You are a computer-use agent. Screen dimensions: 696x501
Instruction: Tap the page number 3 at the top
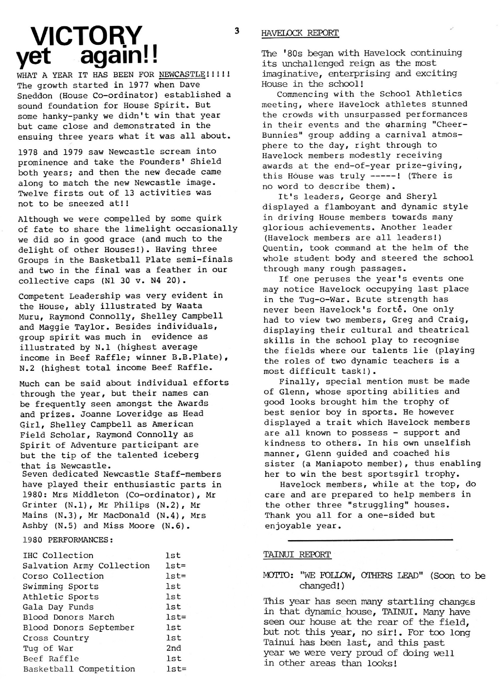[x=236, y=31]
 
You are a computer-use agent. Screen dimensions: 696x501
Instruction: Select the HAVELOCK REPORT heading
[x=300, y=33]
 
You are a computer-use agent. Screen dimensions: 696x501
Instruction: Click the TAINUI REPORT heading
[x=297, y=554]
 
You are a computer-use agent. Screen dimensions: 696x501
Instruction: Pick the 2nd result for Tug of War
[x=173, y=648]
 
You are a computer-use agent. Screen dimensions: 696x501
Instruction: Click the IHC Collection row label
[x=58, y=555]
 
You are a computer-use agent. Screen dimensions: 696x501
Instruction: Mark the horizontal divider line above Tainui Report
[x=370, y=539]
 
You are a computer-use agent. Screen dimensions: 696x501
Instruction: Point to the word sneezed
[x=89, y=203]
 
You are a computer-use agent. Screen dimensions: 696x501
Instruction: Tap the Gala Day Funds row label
[x=58, y=607]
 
